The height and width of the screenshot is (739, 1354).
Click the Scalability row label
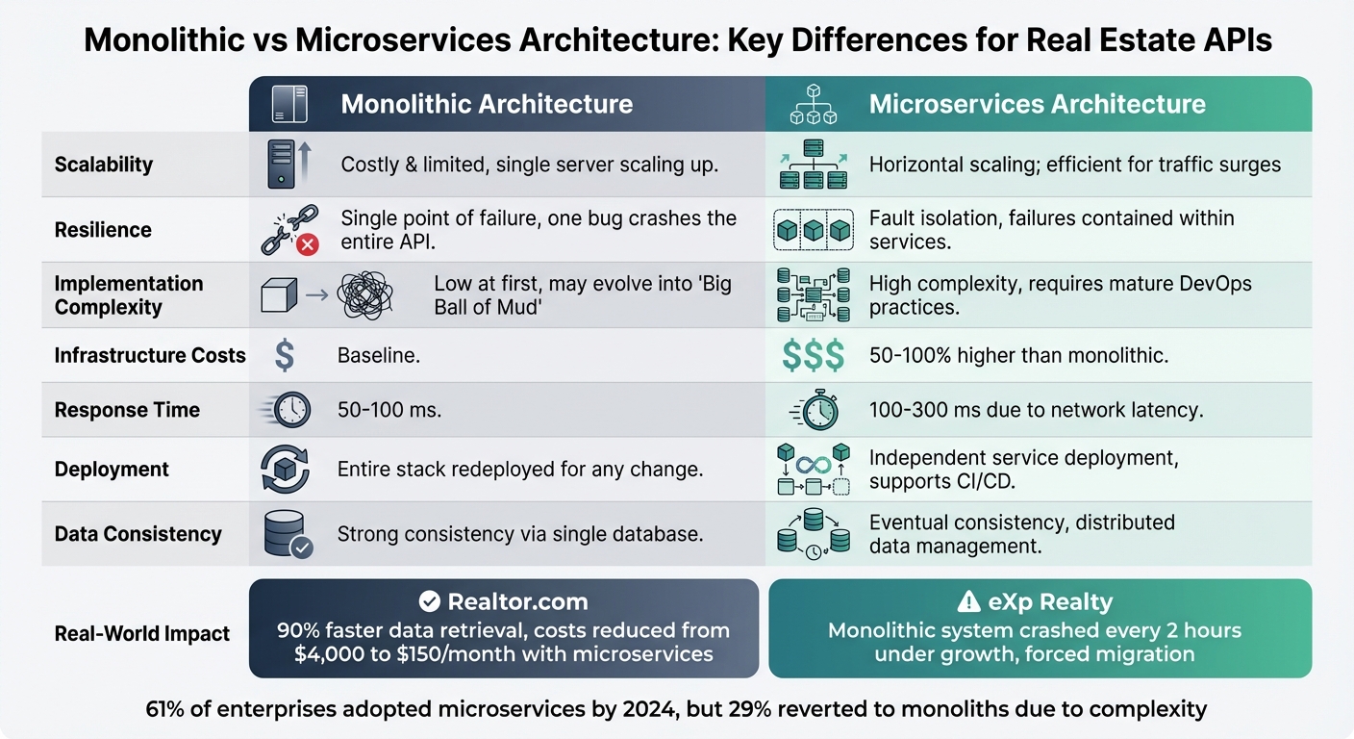104,165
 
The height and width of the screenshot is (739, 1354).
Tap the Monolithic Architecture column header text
487,104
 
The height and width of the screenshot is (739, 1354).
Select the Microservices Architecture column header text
1037,104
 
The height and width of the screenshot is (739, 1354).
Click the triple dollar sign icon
814,356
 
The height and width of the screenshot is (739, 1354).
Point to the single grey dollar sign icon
285,356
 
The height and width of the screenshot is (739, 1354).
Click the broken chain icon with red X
288,231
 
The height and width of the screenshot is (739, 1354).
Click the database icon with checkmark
287,534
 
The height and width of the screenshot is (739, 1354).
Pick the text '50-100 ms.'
389,410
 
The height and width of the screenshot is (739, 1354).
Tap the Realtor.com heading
517,602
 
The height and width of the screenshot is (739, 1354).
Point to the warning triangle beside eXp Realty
968,602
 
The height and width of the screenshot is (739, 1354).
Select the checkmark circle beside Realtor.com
430,602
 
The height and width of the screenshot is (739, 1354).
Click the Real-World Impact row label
142,633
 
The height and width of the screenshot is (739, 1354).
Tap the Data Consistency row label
138,534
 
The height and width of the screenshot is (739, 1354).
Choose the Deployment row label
112,470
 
